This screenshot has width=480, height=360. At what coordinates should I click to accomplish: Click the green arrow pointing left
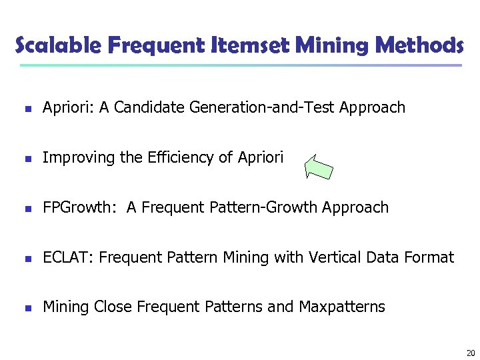(x=318, y=167)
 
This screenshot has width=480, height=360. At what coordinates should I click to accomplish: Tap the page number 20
(x=471, y=353)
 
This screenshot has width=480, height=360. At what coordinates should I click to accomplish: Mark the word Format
(x=430, y=257)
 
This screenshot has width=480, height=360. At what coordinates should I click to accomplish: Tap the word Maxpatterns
(x=342, y=307)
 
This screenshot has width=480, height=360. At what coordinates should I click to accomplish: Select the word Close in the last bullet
(x=113, y=307)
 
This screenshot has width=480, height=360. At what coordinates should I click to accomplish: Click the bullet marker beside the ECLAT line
(x=26, y=258)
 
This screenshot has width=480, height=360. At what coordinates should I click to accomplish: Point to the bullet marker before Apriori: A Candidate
(x=26, y=108)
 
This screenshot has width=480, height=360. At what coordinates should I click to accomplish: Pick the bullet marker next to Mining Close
(x=26, y=308)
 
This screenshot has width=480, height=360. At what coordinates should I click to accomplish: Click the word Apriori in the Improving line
(x=260, y=157)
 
